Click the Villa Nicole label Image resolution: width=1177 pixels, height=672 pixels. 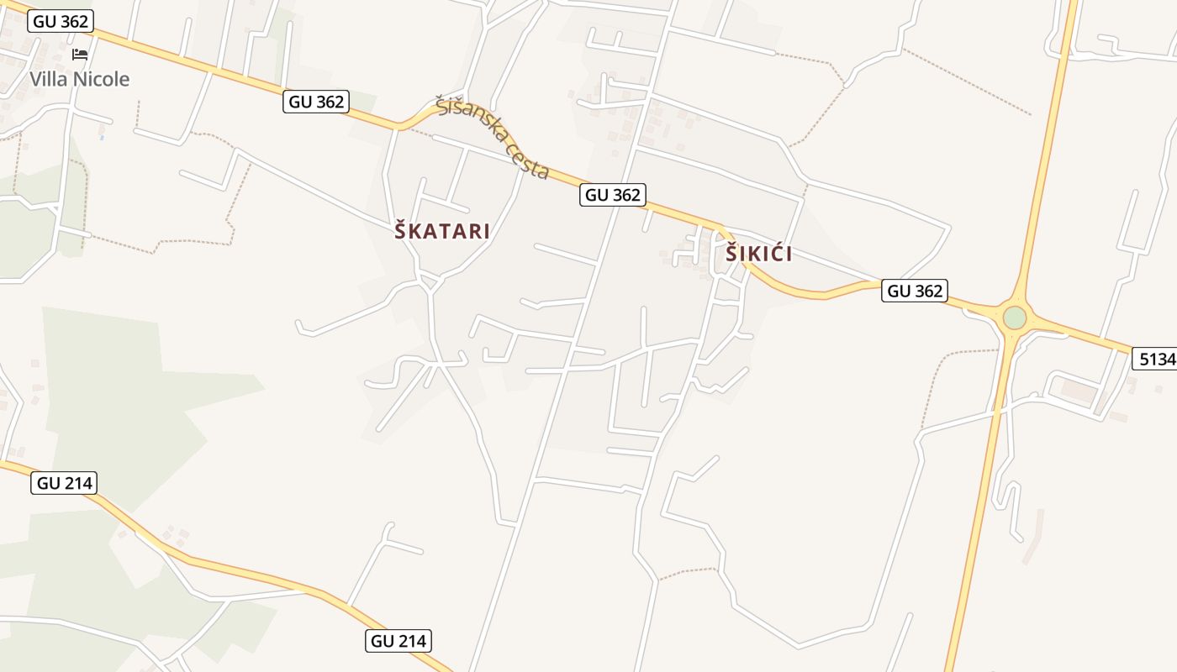click(x=80, y=80)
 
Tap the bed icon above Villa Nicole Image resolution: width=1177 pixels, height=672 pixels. click(x=80, y=55)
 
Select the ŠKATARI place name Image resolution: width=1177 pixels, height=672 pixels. click(x=442, y=231)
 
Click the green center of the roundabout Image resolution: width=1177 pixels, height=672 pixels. click(x=1015, y=318)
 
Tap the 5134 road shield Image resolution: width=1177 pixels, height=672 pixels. click(x=1155, y=359)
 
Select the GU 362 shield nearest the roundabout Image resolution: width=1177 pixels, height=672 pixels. click(x=915, y=291)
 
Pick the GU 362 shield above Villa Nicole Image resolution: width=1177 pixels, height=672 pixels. click(x=61, y=21)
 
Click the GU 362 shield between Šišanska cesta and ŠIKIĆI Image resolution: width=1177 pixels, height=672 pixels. click(x=613, y=195)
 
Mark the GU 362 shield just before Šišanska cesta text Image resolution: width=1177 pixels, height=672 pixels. click(x=316, y=102)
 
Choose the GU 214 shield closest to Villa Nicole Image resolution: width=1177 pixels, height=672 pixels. click(x=64, y=483)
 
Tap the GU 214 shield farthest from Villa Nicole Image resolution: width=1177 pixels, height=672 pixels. click(x=398, y=641)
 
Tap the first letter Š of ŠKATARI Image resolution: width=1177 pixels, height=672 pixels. click(x=401, y=231)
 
